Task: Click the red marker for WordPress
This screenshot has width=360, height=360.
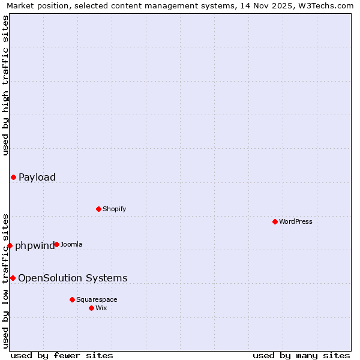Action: click(275, 221)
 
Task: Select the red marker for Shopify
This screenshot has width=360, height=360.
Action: click(98, 209)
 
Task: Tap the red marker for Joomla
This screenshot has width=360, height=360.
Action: click(56, 244)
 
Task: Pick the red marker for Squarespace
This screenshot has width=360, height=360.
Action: click(72, 299)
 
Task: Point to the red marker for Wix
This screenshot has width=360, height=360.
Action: click(91, 308)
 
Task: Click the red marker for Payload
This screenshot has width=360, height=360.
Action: click(13, 177)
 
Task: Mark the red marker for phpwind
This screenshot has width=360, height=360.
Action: click(10, 245)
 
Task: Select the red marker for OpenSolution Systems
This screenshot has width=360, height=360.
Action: click(13, 278)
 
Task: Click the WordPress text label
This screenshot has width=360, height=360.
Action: click(296, 221)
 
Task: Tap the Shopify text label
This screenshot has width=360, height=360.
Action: click(115, 209)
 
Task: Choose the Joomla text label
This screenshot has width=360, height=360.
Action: click(71, 244)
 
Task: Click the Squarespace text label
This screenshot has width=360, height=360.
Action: click(97, 299)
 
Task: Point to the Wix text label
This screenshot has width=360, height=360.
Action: click(101, 308)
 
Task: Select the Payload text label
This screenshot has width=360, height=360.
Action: click(37, 177)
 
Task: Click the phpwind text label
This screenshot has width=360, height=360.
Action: click(35, 245)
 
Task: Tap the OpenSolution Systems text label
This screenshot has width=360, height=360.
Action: click(73, 278)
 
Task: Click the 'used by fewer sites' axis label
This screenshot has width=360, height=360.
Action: click(62, 355)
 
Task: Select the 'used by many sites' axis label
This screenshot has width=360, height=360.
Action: click(301, 355)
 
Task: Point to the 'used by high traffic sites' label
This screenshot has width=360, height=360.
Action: click(5, 85)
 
